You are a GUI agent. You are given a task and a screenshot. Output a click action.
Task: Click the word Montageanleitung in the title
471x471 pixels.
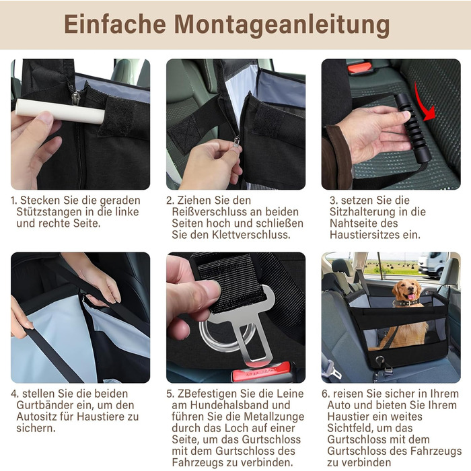282,25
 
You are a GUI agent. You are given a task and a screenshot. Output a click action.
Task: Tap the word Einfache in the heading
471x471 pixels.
115,24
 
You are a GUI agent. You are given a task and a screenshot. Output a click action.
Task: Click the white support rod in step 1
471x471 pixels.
60,112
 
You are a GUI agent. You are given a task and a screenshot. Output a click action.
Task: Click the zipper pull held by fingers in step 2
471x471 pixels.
237,141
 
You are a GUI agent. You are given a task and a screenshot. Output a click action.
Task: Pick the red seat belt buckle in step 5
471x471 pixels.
261,372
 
